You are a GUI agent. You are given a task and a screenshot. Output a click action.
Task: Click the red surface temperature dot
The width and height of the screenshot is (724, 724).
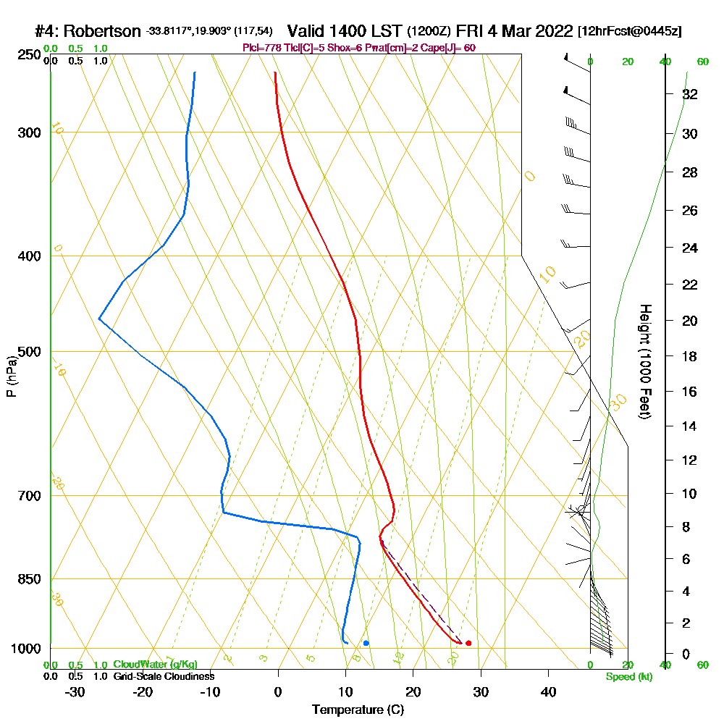click(468, 643)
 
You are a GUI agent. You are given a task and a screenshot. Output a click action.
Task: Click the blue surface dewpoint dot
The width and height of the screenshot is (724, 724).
click(366, 643)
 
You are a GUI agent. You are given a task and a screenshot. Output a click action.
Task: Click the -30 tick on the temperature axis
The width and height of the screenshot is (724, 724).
click(75, 692)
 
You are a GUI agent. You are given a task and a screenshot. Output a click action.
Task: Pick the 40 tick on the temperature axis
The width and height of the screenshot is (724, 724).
click(549, 692)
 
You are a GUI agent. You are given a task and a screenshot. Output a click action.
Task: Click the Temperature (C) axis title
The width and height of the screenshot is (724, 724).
click(358, 710)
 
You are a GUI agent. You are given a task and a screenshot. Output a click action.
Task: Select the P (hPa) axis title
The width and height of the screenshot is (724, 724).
click(12, 376)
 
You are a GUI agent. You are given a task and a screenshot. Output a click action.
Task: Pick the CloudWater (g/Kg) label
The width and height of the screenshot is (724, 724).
click(155, 665)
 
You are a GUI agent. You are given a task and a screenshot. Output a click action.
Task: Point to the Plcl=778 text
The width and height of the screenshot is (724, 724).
click(262, 48)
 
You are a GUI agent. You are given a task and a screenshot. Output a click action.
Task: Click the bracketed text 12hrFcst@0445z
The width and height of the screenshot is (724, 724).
click(629, 32)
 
